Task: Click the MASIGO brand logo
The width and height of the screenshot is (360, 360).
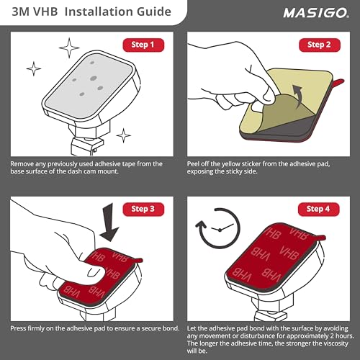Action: [310, 12]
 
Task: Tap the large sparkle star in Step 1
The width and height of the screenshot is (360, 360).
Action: [70, 49]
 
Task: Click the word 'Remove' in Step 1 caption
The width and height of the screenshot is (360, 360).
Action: [24, 164]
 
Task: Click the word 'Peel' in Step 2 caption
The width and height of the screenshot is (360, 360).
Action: [195, 164]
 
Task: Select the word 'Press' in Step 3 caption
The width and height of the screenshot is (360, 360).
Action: [21, 328]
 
